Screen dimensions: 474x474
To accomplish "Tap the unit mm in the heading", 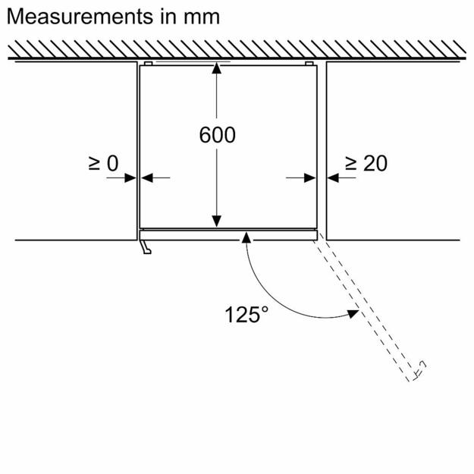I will (x=199, y=16).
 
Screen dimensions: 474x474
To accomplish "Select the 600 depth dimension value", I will (x=217, y=136).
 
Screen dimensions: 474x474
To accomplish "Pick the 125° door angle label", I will (x=246, y=313).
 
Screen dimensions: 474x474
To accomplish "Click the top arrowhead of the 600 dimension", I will (x=217, y=68).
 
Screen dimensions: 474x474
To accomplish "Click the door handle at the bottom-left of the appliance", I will (x=145, y=246).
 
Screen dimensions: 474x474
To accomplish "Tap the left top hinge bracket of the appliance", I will (x=148, y=63).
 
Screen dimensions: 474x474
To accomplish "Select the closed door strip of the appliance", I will (x=228, y=234).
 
